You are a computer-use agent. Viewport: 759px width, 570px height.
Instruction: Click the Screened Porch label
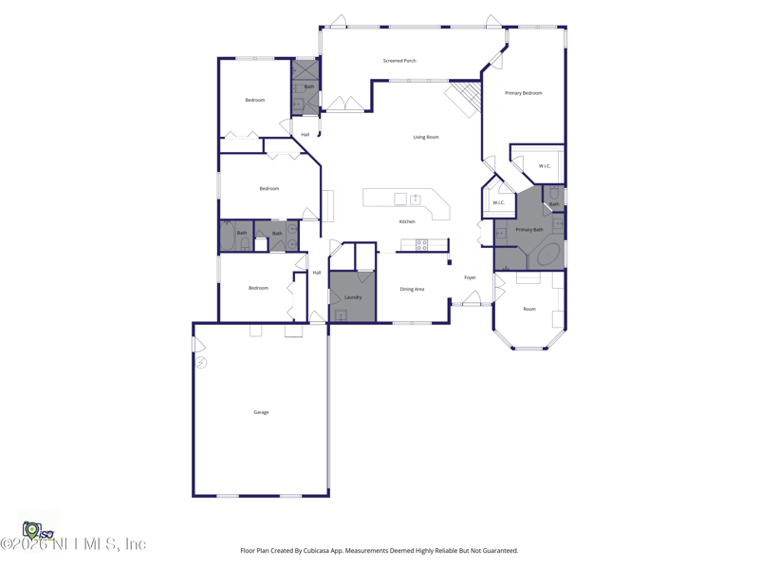[399, 61]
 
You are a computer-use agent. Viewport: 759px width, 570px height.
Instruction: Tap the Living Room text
[426, 137]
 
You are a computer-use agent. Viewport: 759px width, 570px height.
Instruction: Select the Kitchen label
[407, 221]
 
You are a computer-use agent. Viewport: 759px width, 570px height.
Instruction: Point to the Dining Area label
[412, 289]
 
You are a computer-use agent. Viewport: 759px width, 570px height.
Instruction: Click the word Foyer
[470, 277]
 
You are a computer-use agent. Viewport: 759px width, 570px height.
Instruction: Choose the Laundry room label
[353, 297]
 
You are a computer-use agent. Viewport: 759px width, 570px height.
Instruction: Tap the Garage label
[261, 412]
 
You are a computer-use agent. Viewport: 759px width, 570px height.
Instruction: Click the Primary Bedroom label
[524, 93]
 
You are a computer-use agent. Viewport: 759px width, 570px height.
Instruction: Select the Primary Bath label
[529, 229]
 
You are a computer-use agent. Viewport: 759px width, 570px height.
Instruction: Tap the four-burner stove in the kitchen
[421, 245]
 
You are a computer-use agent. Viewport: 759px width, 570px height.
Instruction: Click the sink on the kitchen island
[415, 199]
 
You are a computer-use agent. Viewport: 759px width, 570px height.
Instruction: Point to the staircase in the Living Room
[465, 98]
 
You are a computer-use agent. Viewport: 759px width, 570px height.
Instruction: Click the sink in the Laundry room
[341, 315]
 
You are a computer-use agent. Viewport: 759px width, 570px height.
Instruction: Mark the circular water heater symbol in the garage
[201, 363]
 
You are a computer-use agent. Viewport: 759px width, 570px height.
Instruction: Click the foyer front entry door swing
[472, 297]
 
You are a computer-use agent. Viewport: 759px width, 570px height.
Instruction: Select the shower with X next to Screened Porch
[305, 69]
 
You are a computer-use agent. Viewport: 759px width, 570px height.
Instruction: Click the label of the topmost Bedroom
[255, 100]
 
